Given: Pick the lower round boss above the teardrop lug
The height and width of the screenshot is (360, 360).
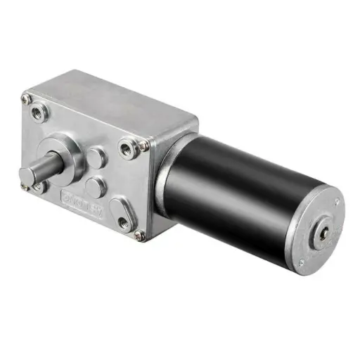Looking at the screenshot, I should tap(96, 186).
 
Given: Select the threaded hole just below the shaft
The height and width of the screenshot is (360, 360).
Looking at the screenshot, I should tap(39, 186).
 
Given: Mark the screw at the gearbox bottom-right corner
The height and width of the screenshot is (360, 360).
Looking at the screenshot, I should tap(139, 236).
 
